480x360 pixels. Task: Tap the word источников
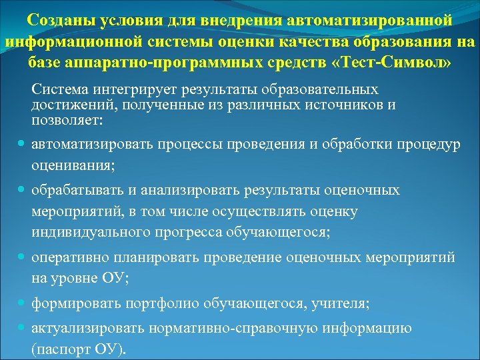point(344,105)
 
